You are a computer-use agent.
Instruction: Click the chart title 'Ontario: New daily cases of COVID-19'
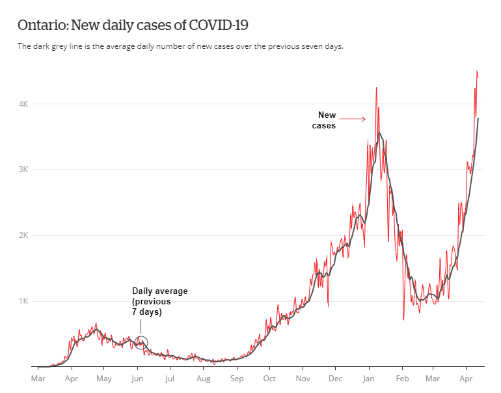tap(133, 25)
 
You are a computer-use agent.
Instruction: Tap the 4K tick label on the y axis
tap(23, 104)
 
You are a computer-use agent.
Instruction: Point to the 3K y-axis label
tap(23, 169)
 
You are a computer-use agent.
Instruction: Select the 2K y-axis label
tap(23, 235)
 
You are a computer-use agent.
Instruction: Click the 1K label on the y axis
tap(23, 301)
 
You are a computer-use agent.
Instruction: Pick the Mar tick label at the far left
tap(38, 378)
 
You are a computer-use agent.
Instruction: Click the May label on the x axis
tap(104, 378)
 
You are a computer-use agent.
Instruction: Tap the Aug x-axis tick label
tap(203, 378)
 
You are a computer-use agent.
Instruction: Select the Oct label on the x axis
tap(269, 378)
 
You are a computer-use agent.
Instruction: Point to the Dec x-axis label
tap(336, 378)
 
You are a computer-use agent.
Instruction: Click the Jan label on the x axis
tap(368, 378)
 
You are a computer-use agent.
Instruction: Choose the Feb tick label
tap(402, 378)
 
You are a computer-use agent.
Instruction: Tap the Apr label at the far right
tap(467, 378)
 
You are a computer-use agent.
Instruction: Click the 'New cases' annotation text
tap(325, 120)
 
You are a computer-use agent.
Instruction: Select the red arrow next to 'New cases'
tap(353, 119)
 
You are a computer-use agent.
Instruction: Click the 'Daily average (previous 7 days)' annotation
tap(159, 302)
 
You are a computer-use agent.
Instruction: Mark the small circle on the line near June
tap(141, 343)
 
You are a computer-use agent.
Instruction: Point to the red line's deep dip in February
tap(403, 319)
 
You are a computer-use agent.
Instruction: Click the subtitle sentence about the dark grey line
tap(180, 46)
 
